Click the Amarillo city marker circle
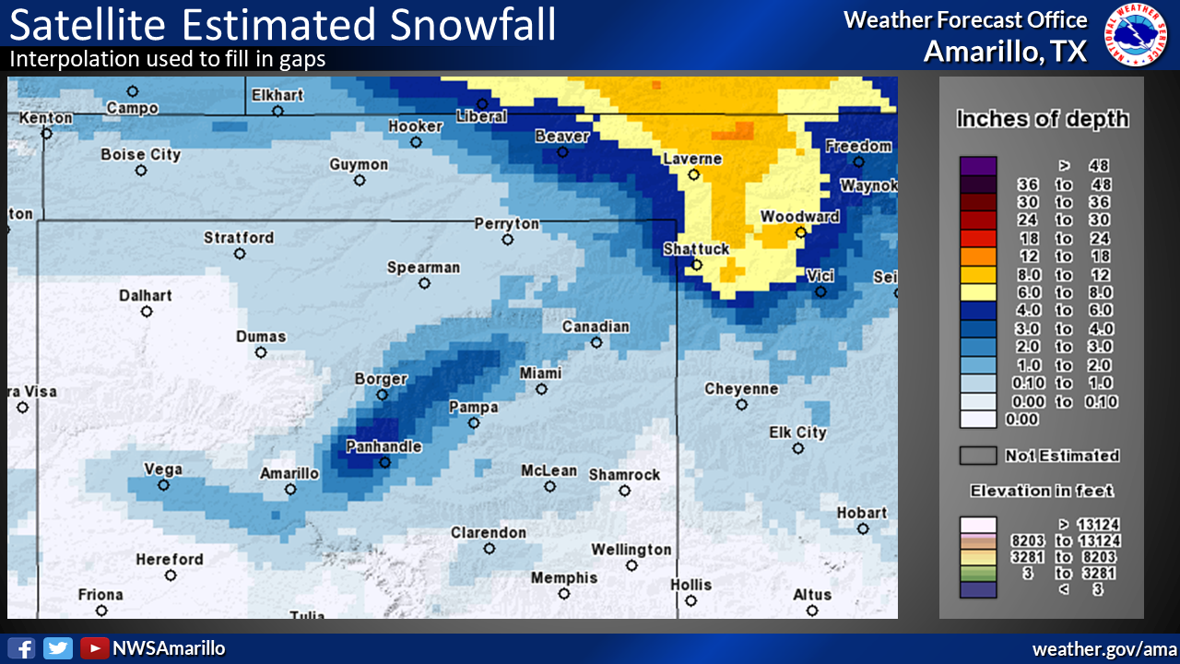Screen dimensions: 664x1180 [290, 490]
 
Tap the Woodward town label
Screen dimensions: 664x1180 [799, 217]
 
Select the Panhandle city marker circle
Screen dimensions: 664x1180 [385, 463]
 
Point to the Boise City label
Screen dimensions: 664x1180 [140, 155]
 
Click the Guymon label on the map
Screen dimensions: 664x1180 [359, 164]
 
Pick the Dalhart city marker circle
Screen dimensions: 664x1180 [147, 312]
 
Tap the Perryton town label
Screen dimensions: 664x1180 [506, 223]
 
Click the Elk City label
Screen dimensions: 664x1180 [797, 433]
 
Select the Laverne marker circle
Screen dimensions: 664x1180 [693, 174]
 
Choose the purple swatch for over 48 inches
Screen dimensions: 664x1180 [978, 166]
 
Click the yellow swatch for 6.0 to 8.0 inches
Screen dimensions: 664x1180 [978, 292]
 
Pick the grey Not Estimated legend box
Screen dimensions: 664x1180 [978, 456]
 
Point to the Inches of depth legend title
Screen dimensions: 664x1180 [1042, 119]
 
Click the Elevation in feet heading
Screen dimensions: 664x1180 [1042, 491]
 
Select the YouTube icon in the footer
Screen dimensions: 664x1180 [93, 648]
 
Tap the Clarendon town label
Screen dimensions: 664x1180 [489, 532]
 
